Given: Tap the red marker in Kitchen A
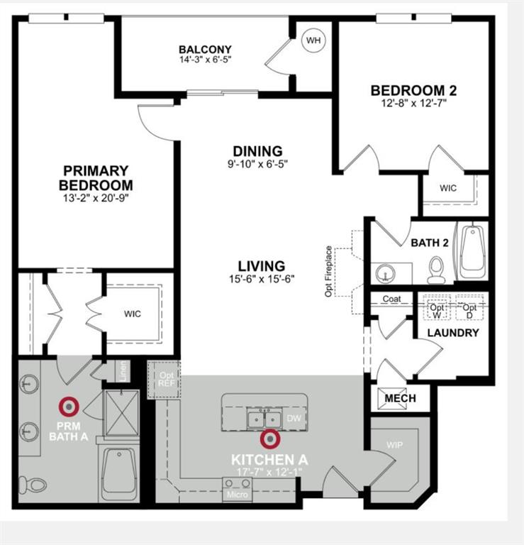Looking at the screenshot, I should point(270,439).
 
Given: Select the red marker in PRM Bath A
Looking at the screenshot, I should point(69,407).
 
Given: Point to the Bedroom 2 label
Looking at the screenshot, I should point(413,91).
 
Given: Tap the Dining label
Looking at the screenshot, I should point(257,151).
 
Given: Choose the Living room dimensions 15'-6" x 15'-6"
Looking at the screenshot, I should point(262,279).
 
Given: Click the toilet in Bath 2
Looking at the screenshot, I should point(436,270).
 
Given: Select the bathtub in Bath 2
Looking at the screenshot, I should point(471,253).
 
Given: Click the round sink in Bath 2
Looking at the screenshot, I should point(385,273).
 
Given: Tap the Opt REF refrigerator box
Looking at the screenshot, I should point(167,379).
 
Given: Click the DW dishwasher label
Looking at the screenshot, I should point(294,419).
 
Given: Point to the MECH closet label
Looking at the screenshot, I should point(400,398).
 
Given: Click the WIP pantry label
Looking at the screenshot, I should point(394,446).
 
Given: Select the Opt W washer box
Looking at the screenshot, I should point(438,308).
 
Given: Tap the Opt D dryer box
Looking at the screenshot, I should point(468,308).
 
